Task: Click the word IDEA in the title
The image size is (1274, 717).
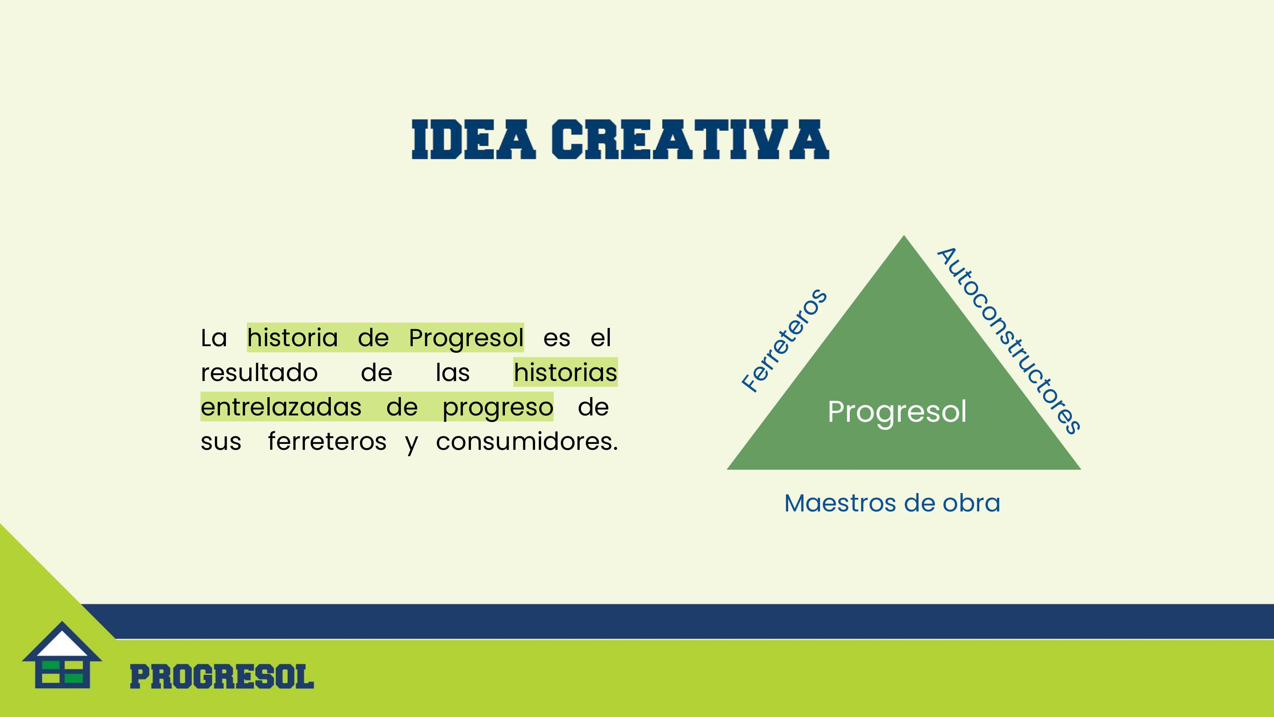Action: (x=474, y=140)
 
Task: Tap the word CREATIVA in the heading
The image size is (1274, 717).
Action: (x=691, y=140)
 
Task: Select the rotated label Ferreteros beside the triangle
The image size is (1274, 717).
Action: (x=784, y=340)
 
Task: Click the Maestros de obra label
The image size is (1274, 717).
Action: (x=892, y=503)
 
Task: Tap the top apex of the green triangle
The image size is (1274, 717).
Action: (x=904, y=236)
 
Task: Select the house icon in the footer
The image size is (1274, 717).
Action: (x=62, y=655)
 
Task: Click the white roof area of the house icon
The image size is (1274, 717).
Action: (x=62, y=643)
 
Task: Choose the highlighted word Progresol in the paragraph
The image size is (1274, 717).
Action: (x=466, y=339)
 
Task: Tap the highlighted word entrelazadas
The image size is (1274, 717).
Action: (x=281, y=407)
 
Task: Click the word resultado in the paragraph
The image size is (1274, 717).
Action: (x=259, y=373)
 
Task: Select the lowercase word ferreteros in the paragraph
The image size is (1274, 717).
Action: (x=327, y=441)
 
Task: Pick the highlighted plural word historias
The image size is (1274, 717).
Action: (x=565, y=373)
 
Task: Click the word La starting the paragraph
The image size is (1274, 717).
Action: (x=214, y=339)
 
